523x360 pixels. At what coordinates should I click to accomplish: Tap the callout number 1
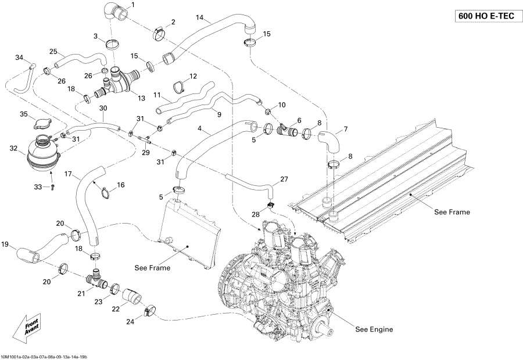click(132, 5)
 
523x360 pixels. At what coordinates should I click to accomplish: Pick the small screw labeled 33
click(52, 186)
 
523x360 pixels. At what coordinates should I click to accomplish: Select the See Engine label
click(374, 329)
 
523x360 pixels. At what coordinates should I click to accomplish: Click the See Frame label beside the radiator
click(152, 268)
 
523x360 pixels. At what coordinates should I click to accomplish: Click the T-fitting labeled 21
click(95, 280)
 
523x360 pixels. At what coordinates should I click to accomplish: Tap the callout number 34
click(19, 57)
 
